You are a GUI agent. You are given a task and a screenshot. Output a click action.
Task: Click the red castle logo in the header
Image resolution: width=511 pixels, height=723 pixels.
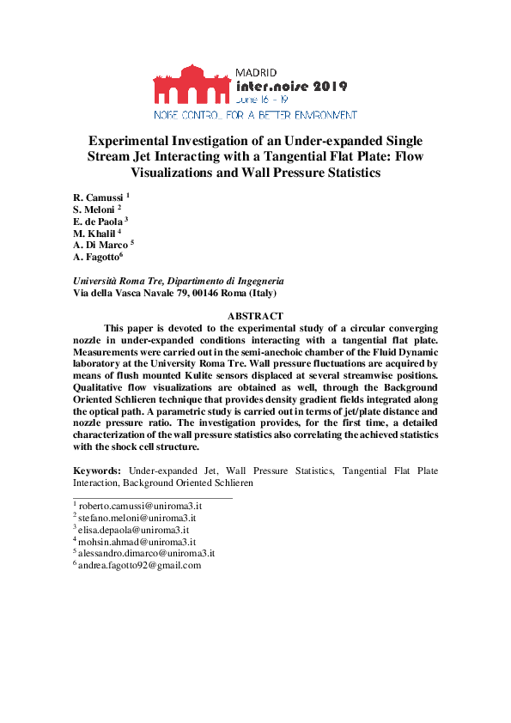click(192, 83)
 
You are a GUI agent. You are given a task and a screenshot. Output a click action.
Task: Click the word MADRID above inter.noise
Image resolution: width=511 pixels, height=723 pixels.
click(254, 72)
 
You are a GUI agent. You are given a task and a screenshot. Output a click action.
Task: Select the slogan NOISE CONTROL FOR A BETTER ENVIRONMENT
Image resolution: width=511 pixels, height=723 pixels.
click(255, 113)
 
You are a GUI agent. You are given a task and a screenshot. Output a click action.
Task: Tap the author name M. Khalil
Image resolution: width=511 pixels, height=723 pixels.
click(95, 233)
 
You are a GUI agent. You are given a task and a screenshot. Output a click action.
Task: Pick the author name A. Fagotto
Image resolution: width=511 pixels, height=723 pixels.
click(97, 257)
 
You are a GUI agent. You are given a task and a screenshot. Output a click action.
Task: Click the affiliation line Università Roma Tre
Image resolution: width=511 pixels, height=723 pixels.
click(179, 281)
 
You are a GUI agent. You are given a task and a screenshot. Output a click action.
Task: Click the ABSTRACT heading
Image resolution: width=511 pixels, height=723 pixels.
click(255, 317)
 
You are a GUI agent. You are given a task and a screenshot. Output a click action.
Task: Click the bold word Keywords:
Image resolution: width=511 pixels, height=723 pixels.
click(99, 471)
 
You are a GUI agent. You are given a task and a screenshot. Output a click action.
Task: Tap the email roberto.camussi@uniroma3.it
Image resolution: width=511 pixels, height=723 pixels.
click(140, 506)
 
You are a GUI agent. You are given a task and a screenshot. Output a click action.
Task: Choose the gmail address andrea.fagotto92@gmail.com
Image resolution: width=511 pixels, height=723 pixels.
click(139, 565)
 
